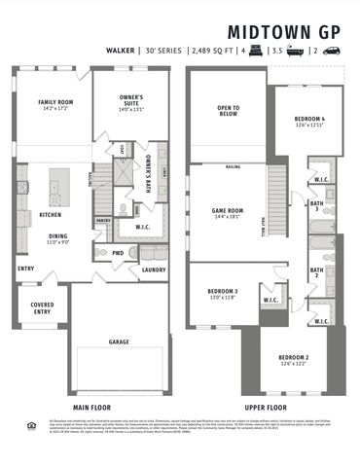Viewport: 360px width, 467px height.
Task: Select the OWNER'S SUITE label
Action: [x=132, y=100]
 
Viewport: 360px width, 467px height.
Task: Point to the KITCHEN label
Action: [x=52, y=215]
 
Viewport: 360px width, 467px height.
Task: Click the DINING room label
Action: [x=60, y=236]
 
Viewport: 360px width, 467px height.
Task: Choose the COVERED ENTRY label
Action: [x=42, y=308]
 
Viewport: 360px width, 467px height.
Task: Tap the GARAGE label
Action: [x=119, y=342]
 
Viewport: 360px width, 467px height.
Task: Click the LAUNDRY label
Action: [x=153, y=269]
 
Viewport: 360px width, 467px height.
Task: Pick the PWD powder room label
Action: [x=118, y=253]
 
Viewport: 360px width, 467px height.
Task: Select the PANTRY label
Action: [x=103, y=221]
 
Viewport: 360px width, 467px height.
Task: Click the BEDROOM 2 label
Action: [x=293, y=360]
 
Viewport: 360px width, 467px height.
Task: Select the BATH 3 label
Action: [x=317, y=205]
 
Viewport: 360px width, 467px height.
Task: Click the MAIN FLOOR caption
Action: [x=94, y=407]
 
